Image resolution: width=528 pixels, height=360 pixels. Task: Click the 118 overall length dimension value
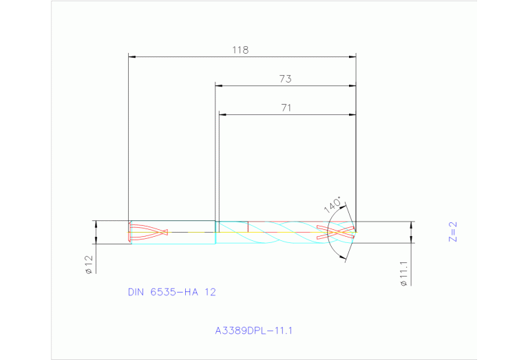point(240,50)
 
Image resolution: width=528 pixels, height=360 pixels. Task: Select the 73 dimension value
point(285,79)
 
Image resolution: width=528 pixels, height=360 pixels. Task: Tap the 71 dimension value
point(286,107)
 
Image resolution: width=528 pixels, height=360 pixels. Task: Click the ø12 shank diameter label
point(89,264)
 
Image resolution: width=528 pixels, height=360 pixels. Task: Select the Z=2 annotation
point(452,232)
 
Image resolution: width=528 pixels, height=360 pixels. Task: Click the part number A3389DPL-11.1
point(254,330)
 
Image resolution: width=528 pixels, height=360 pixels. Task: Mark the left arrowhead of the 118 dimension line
point(133,56)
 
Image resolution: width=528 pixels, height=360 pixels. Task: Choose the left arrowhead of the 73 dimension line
point(219,85)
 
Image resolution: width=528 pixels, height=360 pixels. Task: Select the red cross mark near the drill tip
point(336,232)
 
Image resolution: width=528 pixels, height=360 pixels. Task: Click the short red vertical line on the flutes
point(247,226)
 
